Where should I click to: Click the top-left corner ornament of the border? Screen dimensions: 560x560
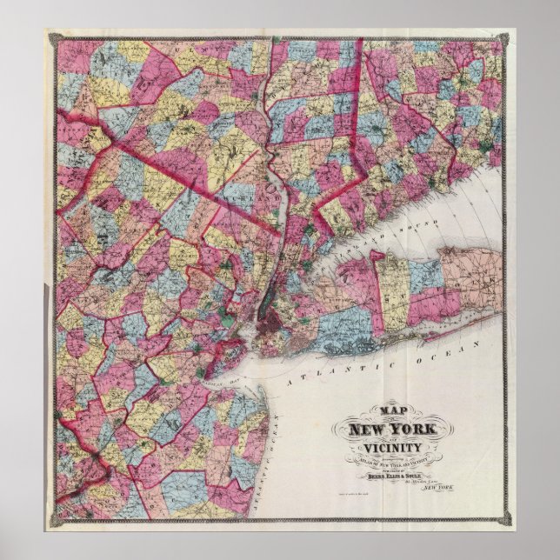pos(51,36)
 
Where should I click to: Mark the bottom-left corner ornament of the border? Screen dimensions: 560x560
pos(51,519)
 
